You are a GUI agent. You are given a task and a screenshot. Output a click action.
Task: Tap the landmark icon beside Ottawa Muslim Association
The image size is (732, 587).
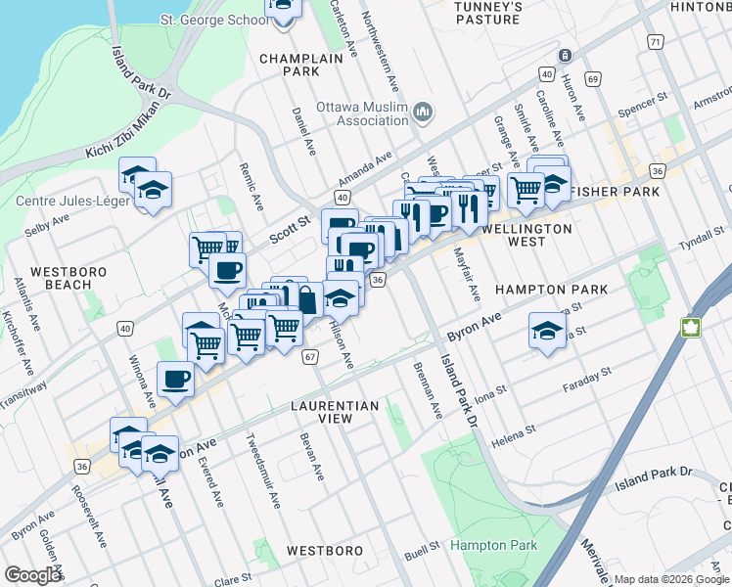click(x=423, y=113)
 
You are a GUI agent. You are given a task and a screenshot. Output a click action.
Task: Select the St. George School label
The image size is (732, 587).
click(x=212, y=20)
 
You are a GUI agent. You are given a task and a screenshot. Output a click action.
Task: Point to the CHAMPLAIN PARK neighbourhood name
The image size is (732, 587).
click(x=289, y=65)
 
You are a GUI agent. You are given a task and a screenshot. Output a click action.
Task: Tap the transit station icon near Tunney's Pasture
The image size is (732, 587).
click(x=565, y=56)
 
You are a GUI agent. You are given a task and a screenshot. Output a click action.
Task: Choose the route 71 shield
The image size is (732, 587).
click(x=655, y=42)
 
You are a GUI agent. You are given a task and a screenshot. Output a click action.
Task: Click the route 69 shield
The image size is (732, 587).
click(x=593, y=77)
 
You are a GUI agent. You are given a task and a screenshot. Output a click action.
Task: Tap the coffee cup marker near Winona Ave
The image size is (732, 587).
click(x=176, y=378)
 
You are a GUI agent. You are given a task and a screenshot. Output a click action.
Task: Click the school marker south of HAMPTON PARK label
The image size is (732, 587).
click(x=547, y=330)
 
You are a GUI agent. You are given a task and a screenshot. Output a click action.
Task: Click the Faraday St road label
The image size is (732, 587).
click(x=587, y=381)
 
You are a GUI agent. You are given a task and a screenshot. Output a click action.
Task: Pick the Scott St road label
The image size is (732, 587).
click(x=290, y=232)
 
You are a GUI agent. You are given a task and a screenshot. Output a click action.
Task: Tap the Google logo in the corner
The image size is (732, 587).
click(x=32, y=575)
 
